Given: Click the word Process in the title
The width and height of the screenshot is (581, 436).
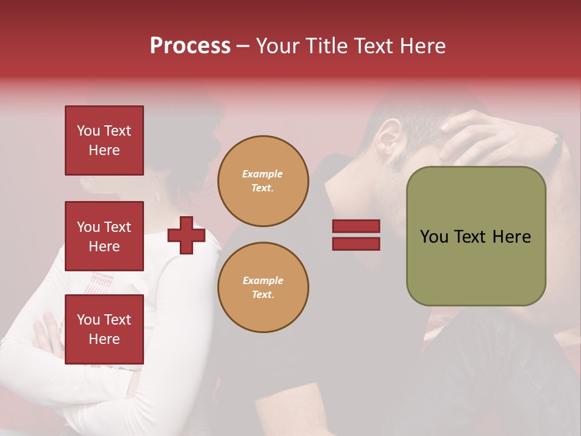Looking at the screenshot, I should [x=190, y=46].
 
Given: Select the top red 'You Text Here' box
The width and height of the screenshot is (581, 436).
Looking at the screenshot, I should [x=104, y=140].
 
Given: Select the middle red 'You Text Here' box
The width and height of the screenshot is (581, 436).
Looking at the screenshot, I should [x=104, y=236].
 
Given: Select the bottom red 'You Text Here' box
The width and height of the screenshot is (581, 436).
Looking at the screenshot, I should [x=104, y=329].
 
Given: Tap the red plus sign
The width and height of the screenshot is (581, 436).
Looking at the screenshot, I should [x=186, y=235].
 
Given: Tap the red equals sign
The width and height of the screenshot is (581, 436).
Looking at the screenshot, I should [x=356, y=235].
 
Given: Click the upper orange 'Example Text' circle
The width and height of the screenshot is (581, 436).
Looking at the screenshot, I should [x=263, y=181].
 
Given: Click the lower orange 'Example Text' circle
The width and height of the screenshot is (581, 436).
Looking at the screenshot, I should [x=263, y=288].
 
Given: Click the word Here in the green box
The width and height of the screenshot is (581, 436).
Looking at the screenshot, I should [x=511, y=237].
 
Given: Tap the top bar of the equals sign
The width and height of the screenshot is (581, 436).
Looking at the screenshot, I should [x=356, y=226].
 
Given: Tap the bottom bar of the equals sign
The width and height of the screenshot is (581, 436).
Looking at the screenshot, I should [x=356, y=243].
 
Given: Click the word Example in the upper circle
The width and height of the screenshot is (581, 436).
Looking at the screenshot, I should [x=263, y=174].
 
